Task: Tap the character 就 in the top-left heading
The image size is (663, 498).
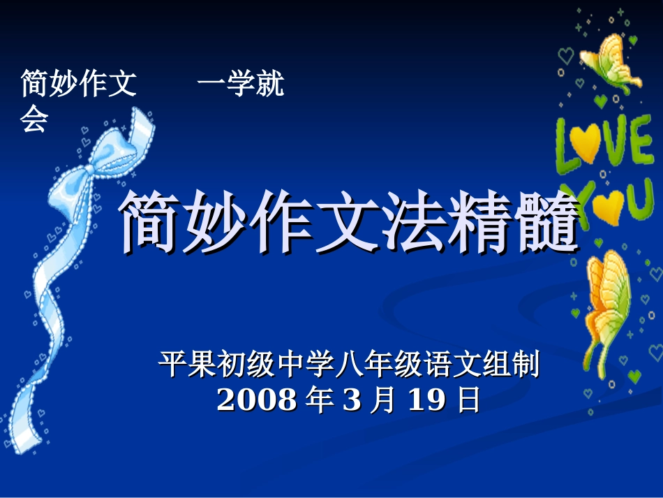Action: [x=269, y=85]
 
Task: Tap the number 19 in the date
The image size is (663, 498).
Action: [x=426, y=400]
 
